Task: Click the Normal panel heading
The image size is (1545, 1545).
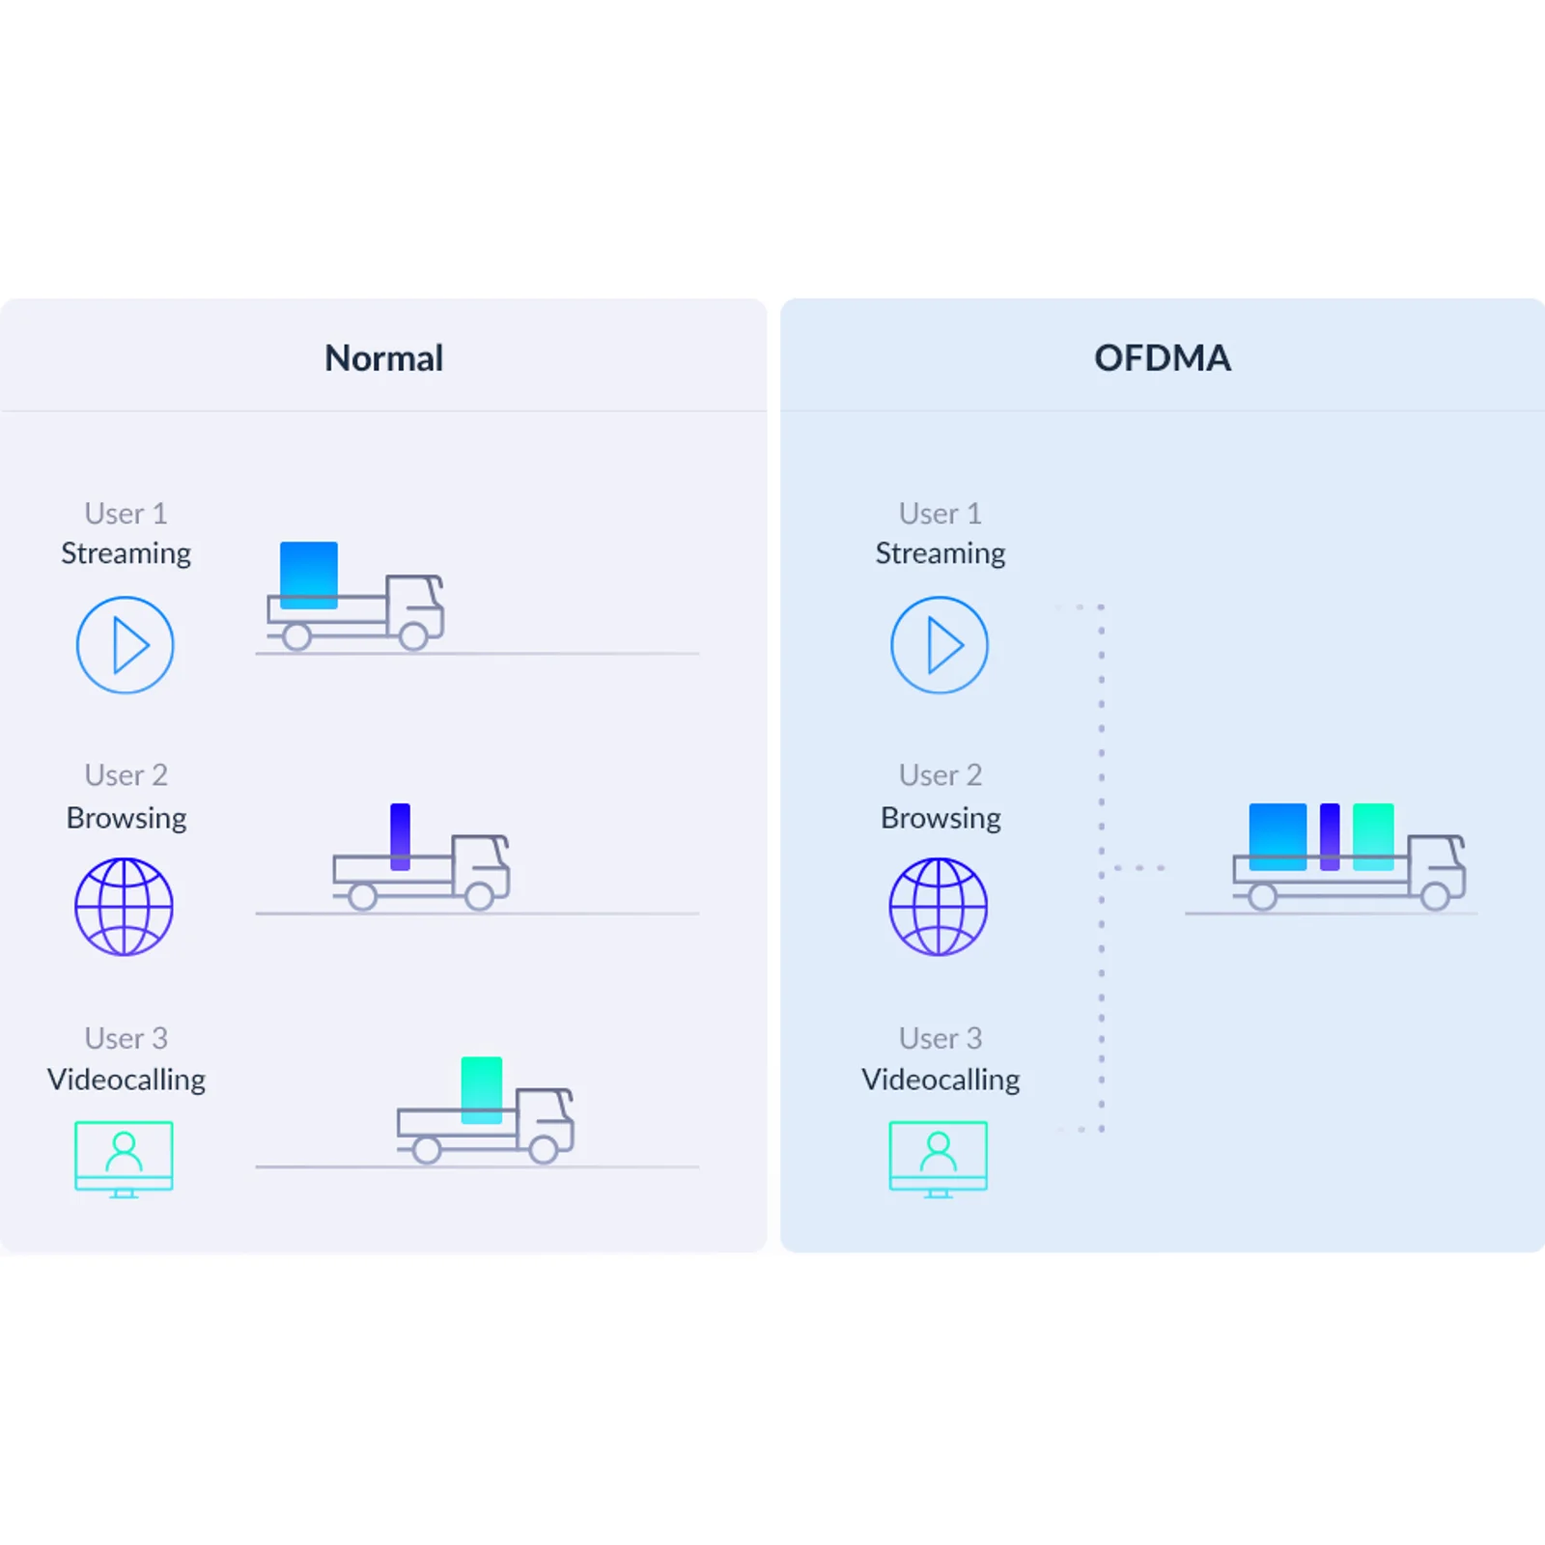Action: (x=383, y=358)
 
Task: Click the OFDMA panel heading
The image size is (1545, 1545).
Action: (x=1163, y=358)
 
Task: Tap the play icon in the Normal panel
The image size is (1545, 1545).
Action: (x=126, y=645)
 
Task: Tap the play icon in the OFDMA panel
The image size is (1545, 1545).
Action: (x=940, y=645)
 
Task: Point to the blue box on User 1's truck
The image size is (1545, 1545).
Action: (x=309, y=576)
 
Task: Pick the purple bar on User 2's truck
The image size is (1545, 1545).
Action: (x=401, y=836)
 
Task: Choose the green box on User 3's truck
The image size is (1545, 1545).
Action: (x=482, y=1090)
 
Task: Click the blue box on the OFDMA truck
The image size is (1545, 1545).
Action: (x=1278, y=837)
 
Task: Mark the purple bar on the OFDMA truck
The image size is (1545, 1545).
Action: (x=1330, y=837)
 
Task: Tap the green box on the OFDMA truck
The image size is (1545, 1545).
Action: (x=1373, y=837)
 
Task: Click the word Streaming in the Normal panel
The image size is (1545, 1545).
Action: (x=126, y=554)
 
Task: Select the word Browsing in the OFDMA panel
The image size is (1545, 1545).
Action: (x=941, y=819)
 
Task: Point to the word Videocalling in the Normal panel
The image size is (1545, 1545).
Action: (x=126, y=1080)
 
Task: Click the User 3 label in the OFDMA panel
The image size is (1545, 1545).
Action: (x=941, y=1038)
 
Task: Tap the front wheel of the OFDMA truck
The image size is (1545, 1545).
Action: (x=1436, y=896)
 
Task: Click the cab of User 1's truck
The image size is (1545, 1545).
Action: (x=414, y=604)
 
